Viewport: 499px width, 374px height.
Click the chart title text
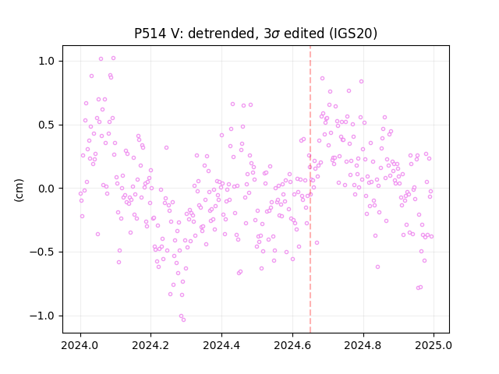pyautogui.click(x=256, y=34)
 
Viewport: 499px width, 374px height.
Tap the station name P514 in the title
pyautogui.click(x=150, y=33)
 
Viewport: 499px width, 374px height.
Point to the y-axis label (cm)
pyautogui.click(x=19, y=190)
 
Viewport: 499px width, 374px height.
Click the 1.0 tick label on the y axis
pyautogui.click(x=47, y=61)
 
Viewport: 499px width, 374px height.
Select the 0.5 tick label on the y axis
pyautogui.click(x=47, y=125)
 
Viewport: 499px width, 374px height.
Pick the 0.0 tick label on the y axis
pyautogui.click(x=47, y=189)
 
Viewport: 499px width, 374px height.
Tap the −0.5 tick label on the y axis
pyautogui.click(x=43, y=252)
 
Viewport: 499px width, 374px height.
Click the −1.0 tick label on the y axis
pyautogui.click(x=43, y=316)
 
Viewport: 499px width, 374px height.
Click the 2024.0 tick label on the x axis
pyautogui.click(x=80, y=345)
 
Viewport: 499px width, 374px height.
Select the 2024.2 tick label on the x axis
pyautogui.click(x=151, y=345)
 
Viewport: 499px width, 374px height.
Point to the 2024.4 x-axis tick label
pyautogui.click(x=221, y=345)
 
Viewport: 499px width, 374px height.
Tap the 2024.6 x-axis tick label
pyautogui.click(x=292, y=345)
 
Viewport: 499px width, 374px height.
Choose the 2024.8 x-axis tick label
pyautogui.click(x=363, y=345)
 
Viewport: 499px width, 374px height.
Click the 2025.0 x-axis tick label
pyautogui.click(x=434, y=345)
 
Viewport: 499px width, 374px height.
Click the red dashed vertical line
pyautogui.click(x=310, y=189)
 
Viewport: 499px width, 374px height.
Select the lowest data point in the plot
pyautogui.click(x=184, y=320)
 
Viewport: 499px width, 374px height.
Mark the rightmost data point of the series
pyautogui.click(x=431, y=237)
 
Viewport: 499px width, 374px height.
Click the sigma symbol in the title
pyautogui.click(x=276, y=34)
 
